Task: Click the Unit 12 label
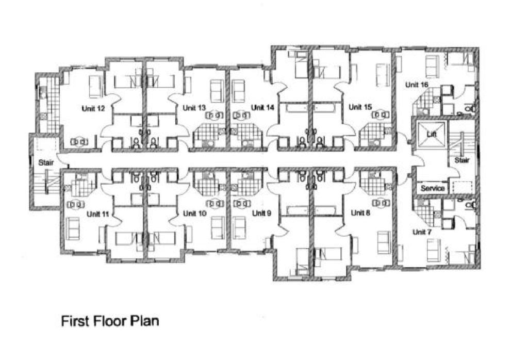[x=93, y=108]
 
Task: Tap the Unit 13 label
[x=194, y=108]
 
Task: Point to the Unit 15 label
[x=360, y=107]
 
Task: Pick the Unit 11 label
[x=98, y=214]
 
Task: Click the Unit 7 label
[x=421, y=232]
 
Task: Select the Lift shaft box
[x=431, y=134]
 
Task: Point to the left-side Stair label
[x=46, y=162]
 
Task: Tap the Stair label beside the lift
[x=462, y=160]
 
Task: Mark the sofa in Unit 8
[x=383, y=242]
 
